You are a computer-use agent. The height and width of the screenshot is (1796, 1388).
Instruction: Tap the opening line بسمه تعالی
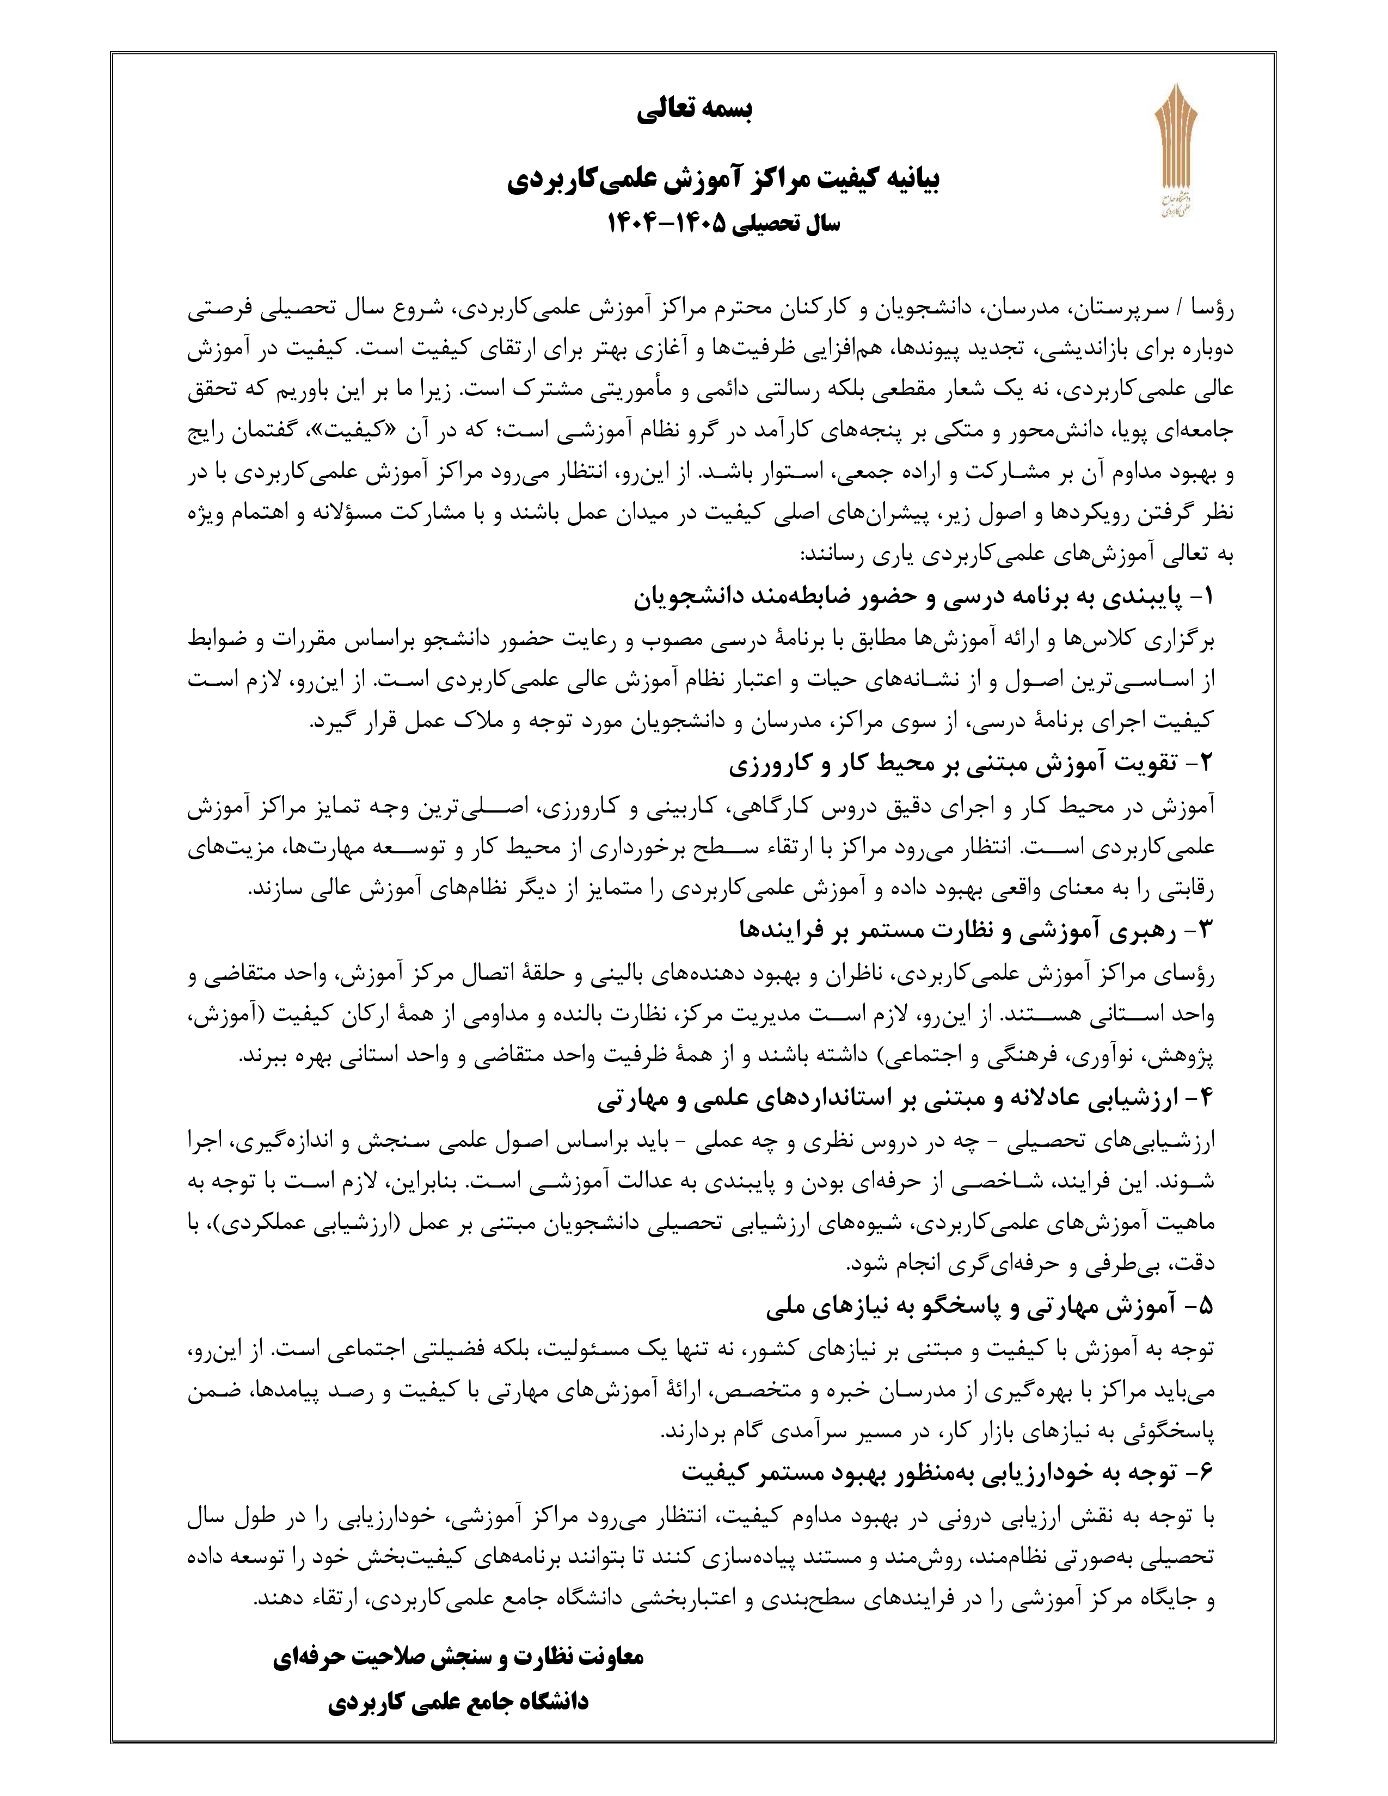[695, 110]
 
